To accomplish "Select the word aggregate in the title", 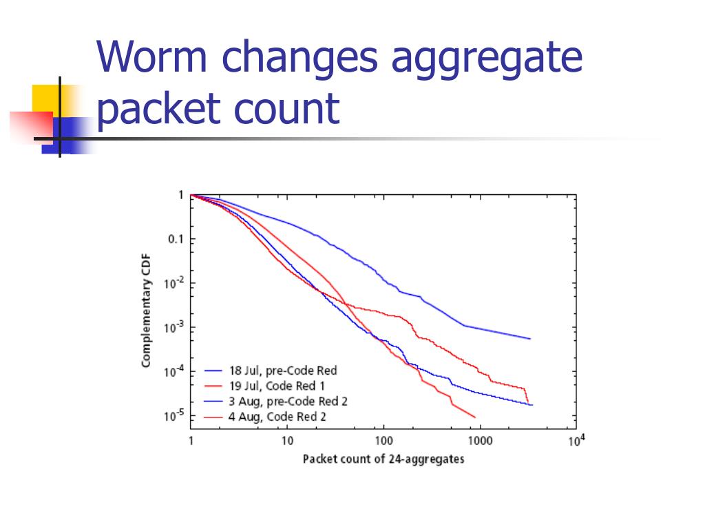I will pyautogui.click(x=487, y=60).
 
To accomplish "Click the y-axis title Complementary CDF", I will pyautogui.click(x=146, y=311).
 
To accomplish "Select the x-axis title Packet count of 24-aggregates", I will pyautogui.click(x=383, y=459).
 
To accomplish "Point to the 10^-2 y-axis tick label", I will pyautogui.click(x=173, y=283).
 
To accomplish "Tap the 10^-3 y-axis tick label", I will pyautogui.click(x=173, y=327).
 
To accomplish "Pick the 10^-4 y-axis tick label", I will pyautogui.click(x=173, y=371).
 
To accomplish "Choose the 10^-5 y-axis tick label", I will pyautogui.click(x=173, y=415).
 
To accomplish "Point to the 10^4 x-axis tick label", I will pyautogui.click(x=576, y=439).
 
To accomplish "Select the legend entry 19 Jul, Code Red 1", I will pyautogui.click(x=272, y=386).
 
